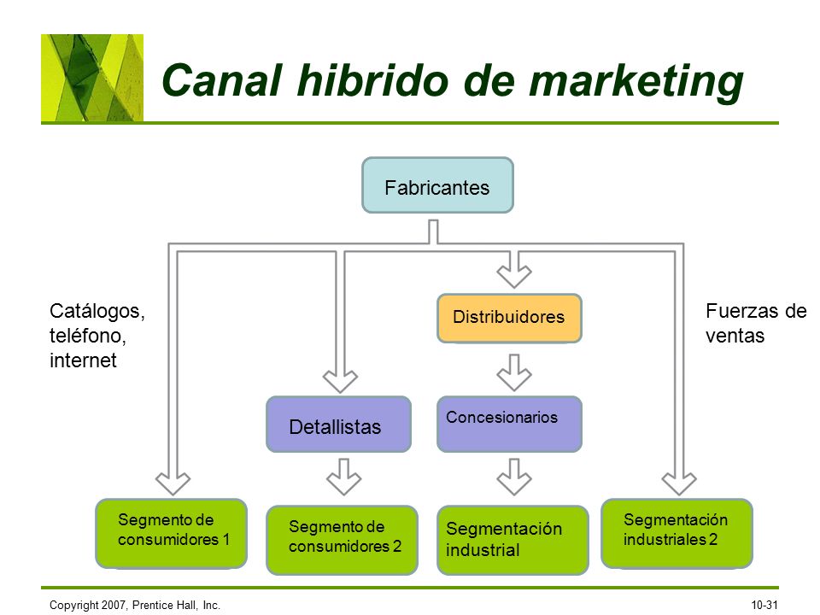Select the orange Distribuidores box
(x=509, y=318)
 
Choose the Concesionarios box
(x=509, y=424)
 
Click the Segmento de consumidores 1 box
(x=172, y=533)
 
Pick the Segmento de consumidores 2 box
(x=342, y=540)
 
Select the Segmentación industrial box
(x=512, y=540)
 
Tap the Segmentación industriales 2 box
(x=676, y=533)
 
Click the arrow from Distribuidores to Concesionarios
(x=514, y=372)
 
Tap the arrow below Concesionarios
(x=514, y=477)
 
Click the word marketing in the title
(x=635, y=81)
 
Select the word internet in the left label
(x=83, y=360)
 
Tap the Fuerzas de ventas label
(x=755, y=323)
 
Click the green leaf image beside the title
(x=92, y=78)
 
